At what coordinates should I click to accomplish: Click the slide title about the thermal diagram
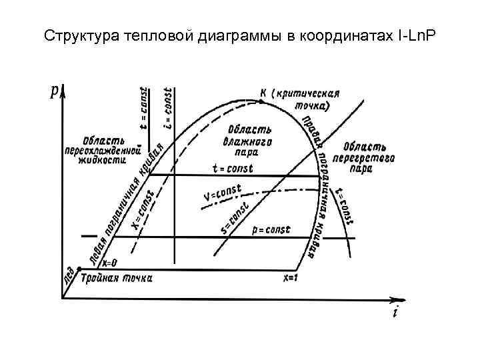point(239,34)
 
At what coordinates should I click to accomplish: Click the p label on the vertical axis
point(53,91)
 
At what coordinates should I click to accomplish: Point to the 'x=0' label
point(109,263)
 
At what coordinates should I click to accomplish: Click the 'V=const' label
point(221,193)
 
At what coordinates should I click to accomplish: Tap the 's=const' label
point(235,218)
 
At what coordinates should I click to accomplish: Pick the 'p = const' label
point(271,230)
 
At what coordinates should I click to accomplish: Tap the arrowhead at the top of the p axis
point(61,90)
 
